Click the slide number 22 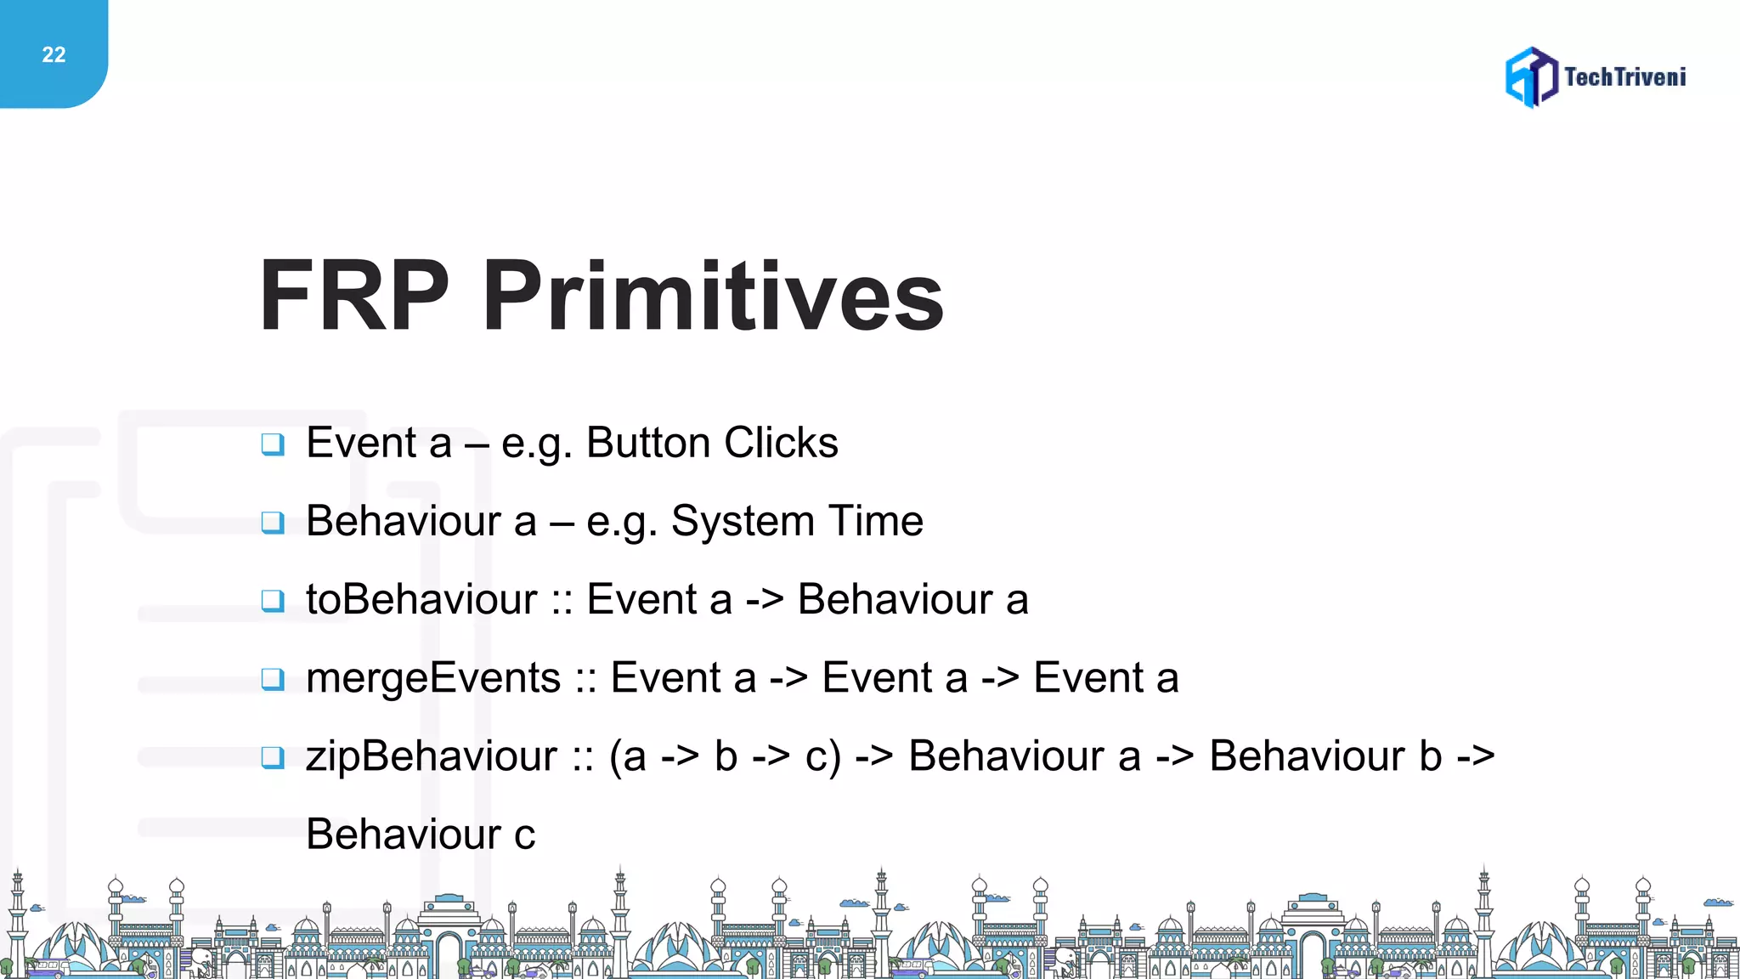[x=54, y=55]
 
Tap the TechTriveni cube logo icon [x=1531, y=77]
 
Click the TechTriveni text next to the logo [x=1624, y=77]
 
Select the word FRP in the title [x=353, y=296]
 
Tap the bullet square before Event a [x=273, y=444]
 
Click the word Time [x=876, y=522]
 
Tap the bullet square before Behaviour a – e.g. [x=273, y=522]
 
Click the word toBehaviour [x=421, y=600]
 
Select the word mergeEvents [x=433, y=678]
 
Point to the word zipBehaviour [x=432, y=756]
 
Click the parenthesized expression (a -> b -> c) [x=725, y=756]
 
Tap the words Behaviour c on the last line [x=421, y=835]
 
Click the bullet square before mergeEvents [x=273, y=679]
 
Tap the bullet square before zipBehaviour [x=273, y=757]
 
